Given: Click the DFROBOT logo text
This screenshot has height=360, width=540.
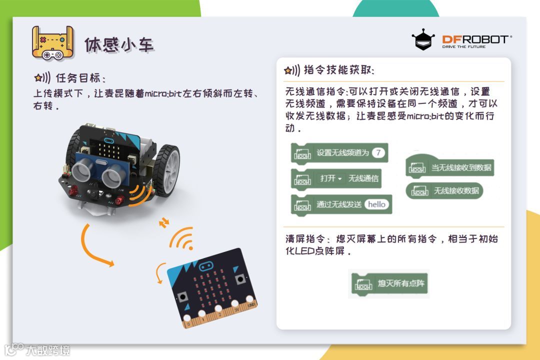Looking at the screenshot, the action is pos(476,39).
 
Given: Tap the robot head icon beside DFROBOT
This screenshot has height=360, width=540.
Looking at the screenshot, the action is pos(423,40).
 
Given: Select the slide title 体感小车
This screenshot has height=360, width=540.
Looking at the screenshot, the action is pos(119,45).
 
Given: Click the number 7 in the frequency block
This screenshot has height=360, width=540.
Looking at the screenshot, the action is pos(378,152).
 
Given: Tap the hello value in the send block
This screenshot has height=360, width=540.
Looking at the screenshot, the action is pos(376,204).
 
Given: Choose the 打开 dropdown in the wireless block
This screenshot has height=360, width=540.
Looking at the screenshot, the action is pos(330,178).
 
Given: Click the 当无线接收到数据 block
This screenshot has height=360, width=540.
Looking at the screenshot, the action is pos(450,167).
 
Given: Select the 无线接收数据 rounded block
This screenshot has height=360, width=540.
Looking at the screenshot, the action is pos(444,191).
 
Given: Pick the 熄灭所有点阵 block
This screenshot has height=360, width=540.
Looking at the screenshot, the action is pos(389,283).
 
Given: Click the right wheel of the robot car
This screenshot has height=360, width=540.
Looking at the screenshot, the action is pos(166,170).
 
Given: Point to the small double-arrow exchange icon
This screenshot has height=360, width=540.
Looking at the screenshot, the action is pos(164,223).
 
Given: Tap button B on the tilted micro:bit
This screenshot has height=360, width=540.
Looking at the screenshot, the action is pos(240,278).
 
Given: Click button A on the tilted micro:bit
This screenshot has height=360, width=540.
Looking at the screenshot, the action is pos(182,297).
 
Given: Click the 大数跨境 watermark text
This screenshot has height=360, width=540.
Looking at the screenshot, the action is pos(48,350).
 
